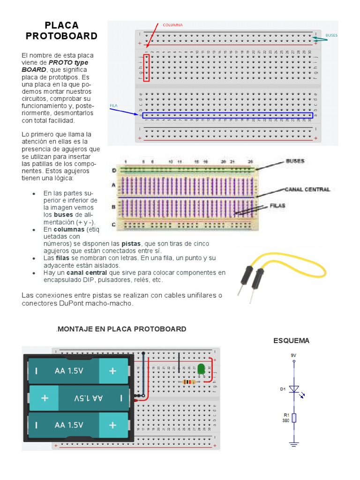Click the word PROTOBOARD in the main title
click(61, 36)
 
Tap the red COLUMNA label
click(172, 25)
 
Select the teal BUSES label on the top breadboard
click(331, 35)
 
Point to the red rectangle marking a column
click(147, 68)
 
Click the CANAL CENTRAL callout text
click(307, 189)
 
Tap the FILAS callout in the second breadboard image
click(278, 205)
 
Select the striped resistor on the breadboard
click(189, 382)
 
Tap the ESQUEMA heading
click(292, 341)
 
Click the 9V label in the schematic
click(294, 355)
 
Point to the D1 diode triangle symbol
click(294, 389)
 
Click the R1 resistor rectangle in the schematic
click(294, 417)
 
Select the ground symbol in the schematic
click(294, 443)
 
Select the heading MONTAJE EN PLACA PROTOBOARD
click(122, 329)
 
